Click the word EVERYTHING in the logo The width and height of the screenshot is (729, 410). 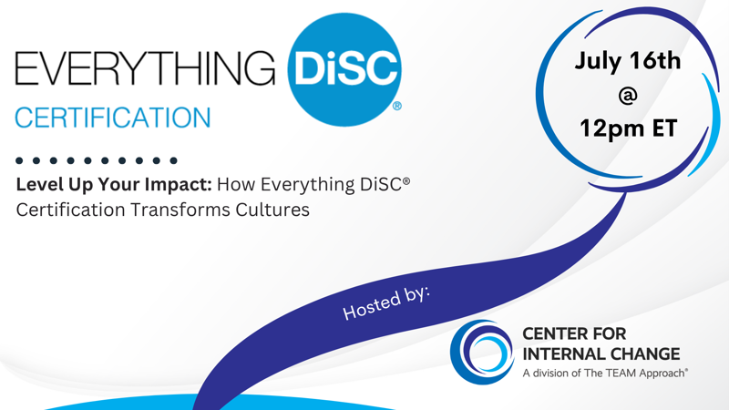click(x=145, y=68)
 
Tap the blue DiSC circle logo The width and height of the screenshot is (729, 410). click(x=344, y=70)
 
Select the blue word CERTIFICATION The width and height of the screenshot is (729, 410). click(x=113, y=118)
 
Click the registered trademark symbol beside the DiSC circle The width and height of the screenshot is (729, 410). click(x=397, y=106)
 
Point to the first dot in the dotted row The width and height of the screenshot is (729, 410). click(x=19, y=161)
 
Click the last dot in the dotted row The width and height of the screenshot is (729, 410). click(x=173, y=161)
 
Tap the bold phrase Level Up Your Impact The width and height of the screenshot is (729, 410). click(x=114, y=185)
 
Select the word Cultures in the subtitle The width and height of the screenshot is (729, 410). click(x=272, y=210)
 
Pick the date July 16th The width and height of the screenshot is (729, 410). click(x=628, y=61)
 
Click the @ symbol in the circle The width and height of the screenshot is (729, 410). click(x=628, y=96)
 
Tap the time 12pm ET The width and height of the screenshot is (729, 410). click(x=628, y=128)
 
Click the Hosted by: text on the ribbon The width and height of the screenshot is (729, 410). click(x=386, y=302)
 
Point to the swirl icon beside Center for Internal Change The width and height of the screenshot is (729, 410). click(x=482, y=352)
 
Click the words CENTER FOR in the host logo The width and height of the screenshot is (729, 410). click(x=574, y=333)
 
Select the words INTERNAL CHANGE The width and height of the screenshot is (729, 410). click(x=601, y=354)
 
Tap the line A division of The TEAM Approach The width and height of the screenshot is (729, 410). click(x=605, y=373)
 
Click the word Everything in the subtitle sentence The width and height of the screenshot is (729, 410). click(x=307, y=185)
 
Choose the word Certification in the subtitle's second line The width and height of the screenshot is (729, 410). click(x=71, y=210)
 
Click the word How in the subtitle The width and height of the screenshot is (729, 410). click(x=236, y=185)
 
